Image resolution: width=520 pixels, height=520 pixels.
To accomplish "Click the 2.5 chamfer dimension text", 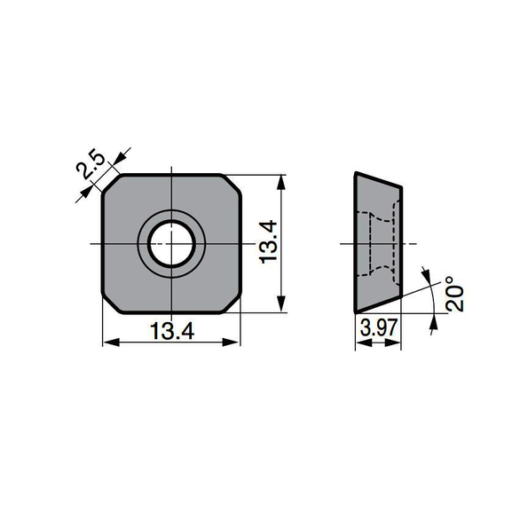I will [91, 165].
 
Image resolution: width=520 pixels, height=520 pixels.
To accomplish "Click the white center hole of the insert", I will [171, 242].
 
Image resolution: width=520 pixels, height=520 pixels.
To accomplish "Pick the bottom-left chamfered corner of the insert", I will [111, 303].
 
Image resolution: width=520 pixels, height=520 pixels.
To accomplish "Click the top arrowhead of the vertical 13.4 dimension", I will [283, 181].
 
